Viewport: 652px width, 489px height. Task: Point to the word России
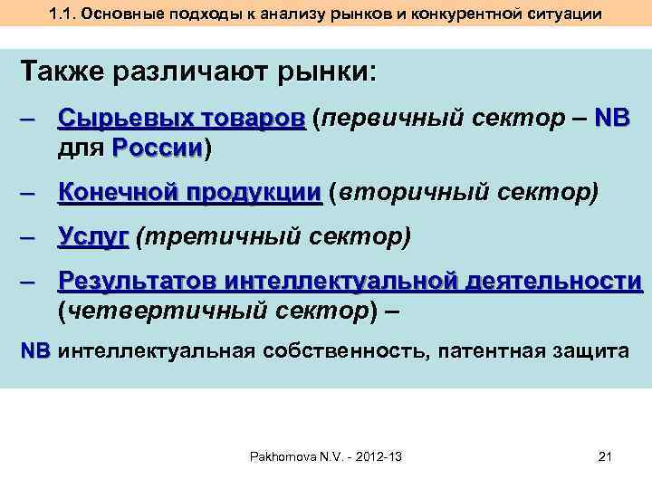(x=158, y=148)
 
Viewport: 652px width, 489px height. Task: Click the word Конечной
(x=116, y=193)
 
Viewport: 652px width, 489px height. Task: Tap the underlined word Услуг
(x=92, y=237)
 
